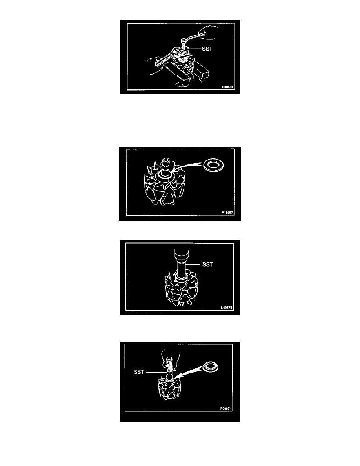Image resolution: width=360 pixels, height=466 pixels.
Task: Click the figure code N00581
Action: pos(227,87)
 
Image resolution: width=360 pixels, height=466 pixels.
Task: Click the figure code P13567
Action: pos(227,213)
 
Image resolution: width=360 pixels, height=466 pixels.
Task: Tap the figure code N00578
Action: pos(226,308)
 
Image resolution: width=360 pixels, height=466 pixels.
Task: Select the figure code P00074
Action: pos(226,409)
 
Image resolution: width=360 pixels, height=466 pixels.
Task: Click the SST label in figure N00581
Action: pos(207,49)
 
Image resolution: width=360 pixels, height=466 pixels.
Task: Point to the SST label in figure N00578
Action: pos(207,264)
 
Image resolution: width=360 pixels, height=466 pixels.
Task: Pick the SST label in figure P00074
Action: pos(139,372)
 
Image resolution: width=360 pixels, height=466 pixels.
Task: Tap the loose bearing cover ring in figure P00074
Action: pos(210,367)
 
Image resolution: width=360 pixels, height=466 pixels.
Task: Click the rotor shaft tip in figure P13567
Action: pos(165,161)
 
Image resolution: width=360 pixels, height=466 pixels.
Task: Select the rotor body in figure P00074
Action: pos(169,390)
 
